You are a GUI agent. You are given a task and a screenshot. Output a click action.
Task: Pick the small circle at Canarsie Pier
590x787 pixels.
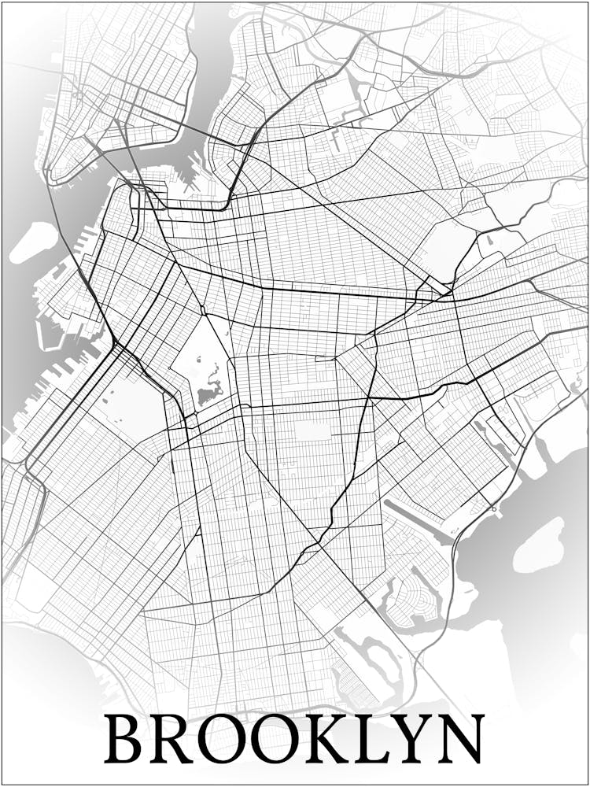click(x=494, y=509)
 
